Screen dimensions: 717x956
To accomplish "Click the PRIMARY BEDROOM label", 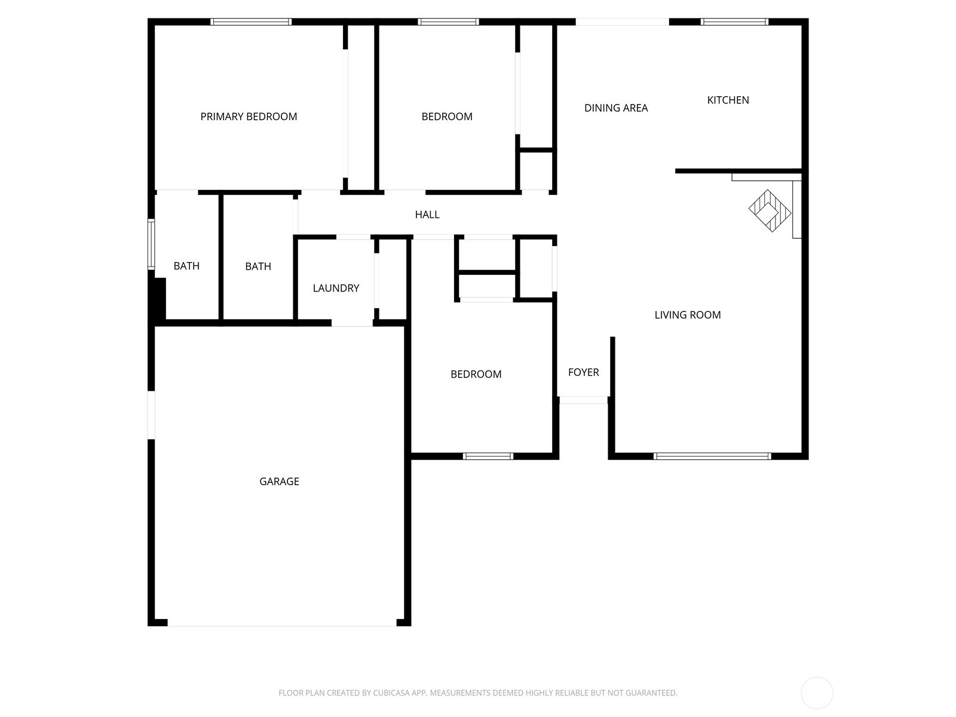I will [249, 117].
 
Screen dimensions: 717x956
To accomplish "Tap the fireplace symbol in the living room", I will [770, 211].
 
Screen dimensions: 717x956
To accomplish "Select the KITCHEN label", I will [728, 100].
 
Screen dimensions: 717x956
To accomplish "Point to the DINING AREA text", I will [616, 108].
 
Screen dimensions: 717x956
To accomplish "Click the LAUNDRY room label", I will [336, 288].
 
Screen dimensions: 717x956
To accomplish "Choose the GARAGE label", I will [279, 481].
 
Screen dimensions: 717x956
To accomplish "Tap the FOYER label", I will [583, 372].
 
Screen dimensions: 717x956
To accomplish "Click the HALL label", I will [427, 215].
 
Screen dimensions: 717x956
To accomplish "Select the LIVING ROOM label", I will [687, 315].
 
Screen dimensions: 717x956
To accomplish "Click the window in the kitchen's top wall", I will [734, 22].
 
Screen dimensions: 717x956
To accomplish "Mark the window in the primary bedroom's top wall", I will [251, 22].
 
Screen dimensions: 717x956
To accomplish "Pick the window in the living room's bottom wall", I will [712, 456].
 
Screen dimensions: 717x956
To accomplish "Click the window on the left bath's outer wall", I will [151, 244].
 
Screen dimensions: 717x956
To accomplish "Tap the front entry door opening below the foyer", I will [584, 400].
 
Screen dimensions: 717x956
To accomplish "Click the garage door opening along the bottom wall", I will [281, 623].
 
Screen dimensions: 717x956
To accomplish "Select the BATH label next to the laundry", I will [258, 266].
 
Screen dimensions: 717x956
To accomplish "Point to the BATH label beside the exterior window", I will [186, 266].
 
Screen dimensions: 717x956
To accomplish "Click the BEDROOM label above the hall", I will [447, 117].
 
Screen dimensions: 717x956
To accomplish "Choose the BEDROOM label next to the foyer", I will [476, 374].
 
